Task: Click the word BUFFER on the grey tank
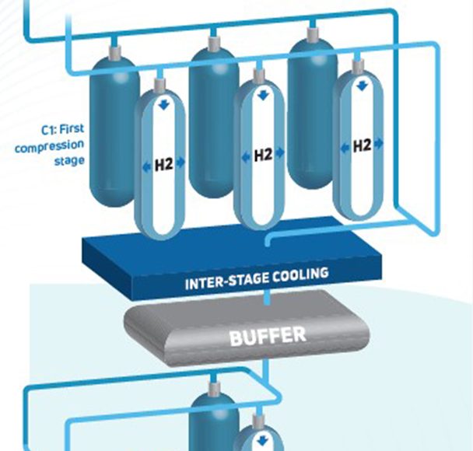point(267,337)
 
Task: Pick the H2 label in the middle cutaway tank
point(262,156)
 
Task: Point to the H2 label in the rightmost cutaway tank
point(362,145)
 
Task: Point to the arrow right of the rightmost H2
point(379,145)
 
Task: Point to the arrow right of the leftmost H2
point(180,163)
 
